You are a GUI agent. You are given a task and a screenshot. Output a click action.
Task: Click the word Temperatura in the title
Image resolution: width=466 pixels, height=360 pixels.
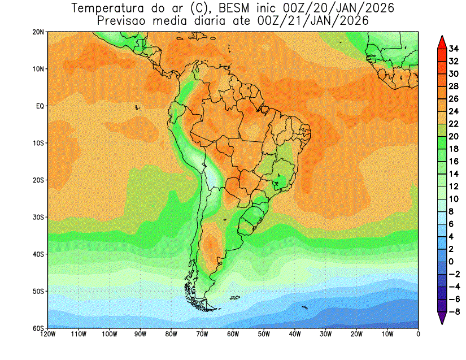pyautogui.click(x=107, y=8)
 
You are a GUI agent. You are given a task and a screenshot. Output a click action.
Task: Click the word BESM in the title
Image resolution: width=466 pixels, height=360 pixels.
pyautogui.click(x=234, y=8)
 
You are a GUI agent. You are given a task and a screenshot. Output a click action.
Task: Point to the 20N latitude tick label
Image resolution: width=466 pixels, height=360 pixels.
pyautogui.click(x=38, y=32)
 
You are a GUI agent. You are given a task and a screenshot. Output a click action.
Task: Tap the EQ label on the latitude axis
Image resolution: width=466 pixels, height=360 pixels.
pyautogui.click(x=40, y=106)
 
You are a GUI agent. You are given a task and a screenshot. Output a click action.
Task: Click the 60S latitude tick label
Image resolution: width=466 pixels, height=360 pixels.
pyautogui.click(x=38, y=328)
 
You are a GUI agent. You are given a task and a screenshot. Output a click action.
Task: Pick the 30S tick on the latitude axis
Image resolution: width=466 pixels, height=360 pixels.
pyautogui.click(x=38, y=218)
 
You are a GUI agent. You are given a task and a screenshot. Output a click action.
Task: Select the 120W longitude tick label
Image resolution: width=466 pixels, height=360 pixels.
pyautogui.click(x=48, y=335)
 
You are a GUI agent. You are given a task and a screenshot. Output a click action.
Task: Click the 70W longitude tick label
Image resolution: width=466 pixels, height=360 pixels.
pyautogui.click(x=202, y=335)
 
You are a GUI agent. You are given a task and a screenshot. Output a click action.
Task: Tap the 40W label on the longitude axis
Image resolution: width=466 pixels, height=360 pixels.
pyautogui.click(x=295, y=335)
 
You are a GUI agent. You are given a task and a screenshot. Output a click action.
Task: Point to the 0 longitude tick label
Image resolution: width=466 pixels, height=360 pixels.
pyautogui.click(x=418, y=335)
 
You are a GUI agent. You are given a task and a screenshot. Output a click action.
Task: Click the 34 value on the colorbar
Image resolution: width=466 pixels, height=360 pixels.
pyautogui.click(x=454, y=49)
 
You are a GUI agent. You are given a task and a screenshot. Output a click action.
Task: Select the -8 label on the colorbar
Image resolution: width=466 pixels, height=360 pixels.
pyautogui.click(x=454, y=312)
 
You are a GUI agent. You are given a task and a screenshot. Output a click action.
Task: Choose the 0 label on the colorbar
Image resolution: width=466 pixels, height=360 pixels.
pyautogui.click(x=451, y=262)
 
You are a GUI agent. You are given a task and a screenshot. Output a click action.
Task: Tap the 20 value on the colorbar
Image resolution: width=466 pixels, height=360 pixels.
pyautogui.click(x=454, y=136)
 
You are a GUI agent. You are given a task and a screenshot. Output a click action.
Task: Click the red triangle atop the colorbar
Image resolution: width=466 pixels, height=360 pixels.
pyautogui.click(x=442, y=42)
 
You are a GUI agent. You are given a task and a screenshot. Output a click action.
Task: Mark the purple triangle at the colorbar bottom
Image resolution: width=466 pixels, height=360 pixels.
pyautogui.click(x=442, y=318)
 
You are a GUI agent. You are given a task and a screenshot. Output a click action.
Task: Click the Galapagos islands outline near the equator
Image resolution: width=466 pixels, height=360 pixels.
pyautogui.click(x=137, y=107)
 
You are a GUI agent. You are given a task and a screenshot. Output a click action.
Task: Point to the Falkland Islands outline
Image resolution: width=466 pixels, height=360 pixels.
pyautogui.click(x=235, y=297)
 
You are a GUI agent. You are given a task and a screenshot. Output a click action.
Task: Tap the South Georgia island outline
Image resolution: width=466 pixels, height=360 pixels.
pyautogui.click(x=304, y=307)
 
